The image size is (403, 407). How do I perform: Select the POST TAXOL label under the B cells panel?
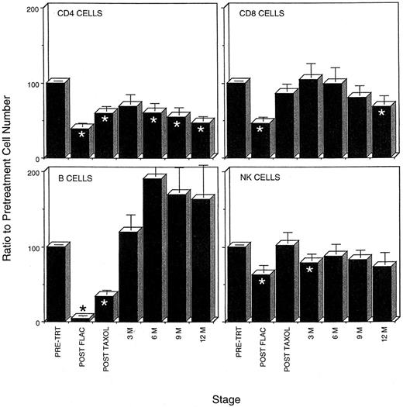(106, 346)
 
